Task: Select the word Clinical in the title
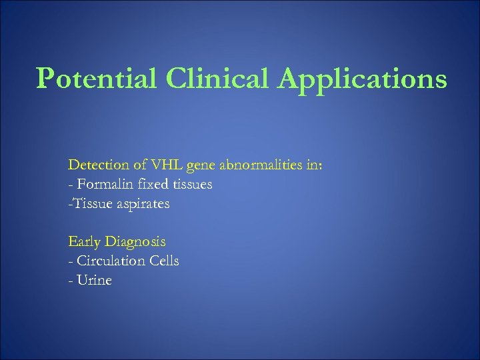click(207, 79)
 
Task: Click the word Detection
click(97, 165)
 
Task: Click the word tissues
click(191, 184)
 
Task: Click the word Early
click(83, 241)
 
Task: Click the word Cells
click(163, 261)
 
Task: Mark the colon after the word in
click(320, 166)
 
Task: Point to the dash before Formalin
click(70, 185)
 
